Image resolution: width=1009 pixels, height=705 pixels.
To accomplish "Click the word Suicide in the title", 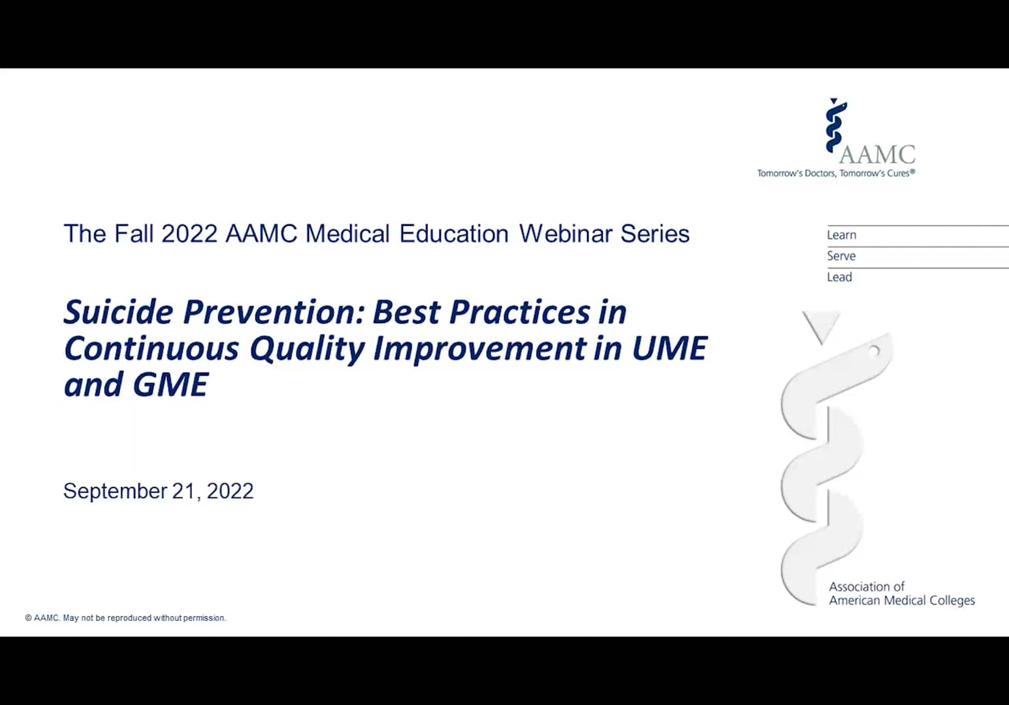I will [118, 312].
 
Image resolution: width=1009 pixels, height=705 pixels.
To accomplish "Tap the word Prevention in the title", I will [272, 312].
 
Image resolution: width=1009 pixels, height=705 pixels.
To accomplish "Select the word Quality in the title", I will [307, 349].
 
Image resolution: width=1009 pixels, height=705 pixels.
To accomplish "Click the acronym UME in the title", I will [669, 349].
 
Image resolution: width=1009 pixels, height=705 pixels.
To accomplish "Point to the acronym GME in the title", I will [170, 384].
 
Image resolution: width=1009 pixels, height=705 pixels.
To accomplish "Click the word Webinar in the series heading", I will [566, 234].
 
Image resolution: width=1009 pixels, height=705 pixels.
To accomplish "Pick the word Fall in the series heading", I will [135, 234].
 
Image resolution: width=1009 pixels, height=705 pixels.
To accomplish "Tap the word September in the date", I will [115, 491].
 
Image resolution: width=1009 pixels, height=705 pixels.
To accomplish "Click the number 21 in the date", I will [185, 491].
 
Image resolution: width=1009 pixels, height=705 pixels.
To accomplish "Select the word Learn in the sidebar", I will [841, 235].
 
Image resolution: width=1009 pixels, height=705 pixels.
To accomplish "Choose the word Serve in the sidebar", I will [841, 256].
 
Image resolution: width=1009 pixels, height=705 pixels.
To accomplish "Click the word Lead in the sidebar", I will [839, 277].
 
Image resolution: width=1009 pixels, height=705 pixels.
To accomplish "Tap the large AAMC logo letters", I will [877, 155].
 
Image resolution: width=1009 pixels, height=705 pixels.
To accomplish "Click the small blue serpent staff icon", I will [835, 125].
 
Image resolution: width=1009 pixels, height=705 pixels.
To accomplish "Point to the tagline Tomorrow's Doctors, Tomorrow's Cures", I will [836, 174].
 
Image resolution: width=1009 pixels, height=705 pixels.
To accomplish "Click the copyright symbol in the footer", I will [28, 618].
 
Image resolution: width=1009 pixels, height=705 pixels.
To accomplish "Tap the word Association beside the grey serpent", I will [867, 586].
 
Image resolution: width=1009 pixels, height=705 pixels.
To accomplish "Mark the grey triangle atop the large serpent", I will [821, 325].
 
